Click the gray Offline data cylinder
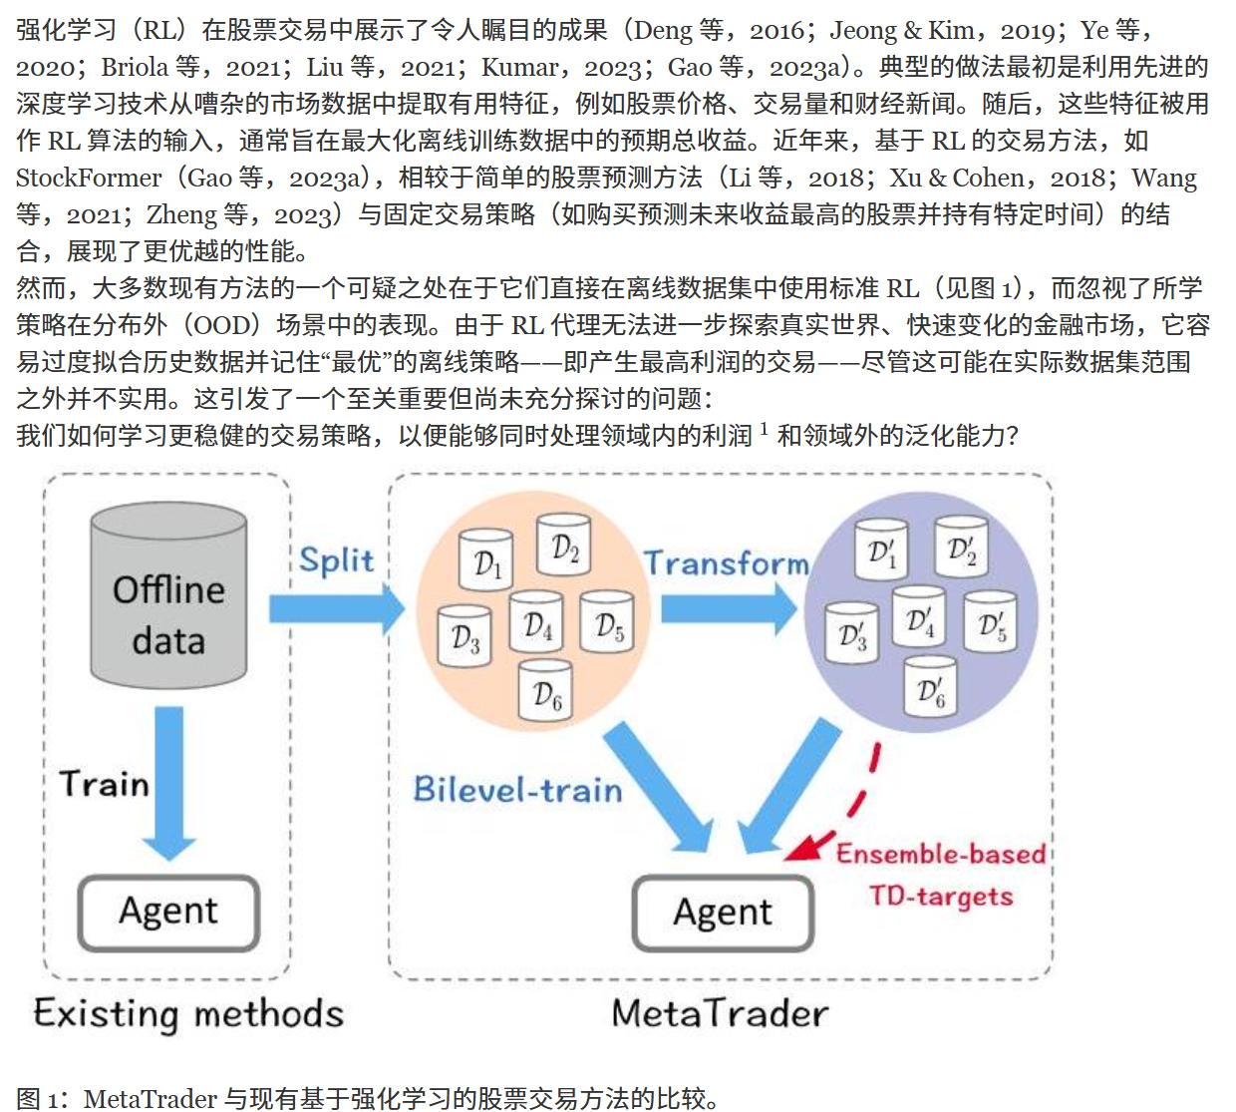168,595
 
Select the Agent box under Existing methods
168,913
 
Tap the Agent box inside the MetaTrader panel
723,913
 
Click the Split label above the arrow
337,560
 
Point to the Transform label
727,562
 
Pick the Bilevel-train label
517,789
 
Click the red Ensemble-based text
941,855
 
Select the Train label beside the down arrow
104,784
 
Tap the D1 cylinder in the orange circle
486,560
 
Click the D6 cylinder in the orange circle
546,690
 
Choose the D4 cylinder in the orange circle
536,621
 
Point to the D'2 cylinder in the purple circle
961,547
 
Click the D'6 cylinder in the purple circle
930,686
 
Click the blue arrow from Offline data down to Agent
168,783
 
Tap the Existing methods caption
188,1014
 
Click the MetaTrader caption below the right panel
721,1013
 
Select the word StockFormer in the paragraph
89,178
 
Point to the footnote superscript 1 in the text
765,428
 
